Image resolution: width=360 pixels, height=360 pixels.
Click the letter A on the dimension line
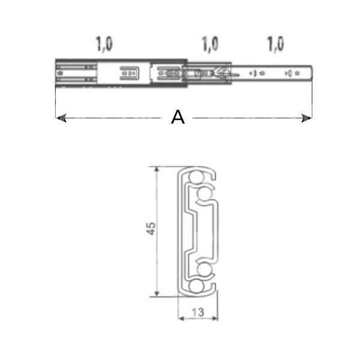pos(178,117)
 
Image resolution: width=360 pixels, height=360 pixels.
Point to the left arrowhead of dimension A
pos(59,119)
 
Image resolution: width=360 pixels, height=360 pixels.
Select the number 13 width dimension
pos(198,312)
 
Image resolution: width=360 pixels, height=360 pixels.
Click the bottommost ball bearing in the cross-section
pos(196,287)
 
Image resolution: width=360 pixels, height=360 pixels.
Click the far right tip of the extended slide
pos(312,74)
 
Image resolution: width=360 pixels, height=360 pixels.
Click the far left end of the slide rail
pos(56,74)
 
